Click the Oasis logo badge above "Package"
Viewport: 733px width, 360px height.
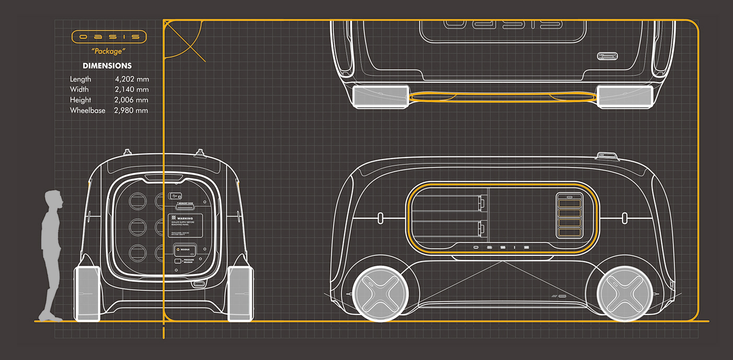pyautogui.click(x=109, y=37)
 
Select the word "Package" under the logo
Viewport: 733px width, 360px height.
pyautogui.click(x=109, y=51)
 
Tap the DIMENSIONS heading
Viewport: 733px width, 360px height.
pyautogui.click(x=107, y=66)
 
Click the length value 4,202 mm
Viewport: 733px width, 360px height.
pyautogui.click(x=132, y=79)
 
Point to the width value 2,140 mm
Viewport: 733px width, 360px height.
pyautogui.click(x=132, y=89)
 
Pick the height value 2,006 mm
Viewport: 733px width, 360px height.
pyautogui.click(x=132, y=100)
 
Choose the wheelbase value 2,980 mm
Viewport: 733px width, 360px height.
pyautogui.click(x=132, y=110)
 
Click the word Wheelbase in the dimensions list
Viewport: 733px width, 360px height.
pyautogui.click(x=87, y=110)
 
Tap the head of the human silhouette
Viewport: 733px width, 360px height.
pyautogui.click(x=53, y=199)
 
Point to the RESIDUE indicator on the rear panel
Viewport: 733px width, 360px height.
pyautogui.click(x=184, y=250)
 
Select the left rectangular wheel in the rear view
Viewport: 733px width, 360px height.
pyautogui.click(x=87, y=293)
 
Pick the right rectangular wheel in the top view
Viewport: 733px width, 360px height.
pyautogui.click(x=625, y=97)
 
